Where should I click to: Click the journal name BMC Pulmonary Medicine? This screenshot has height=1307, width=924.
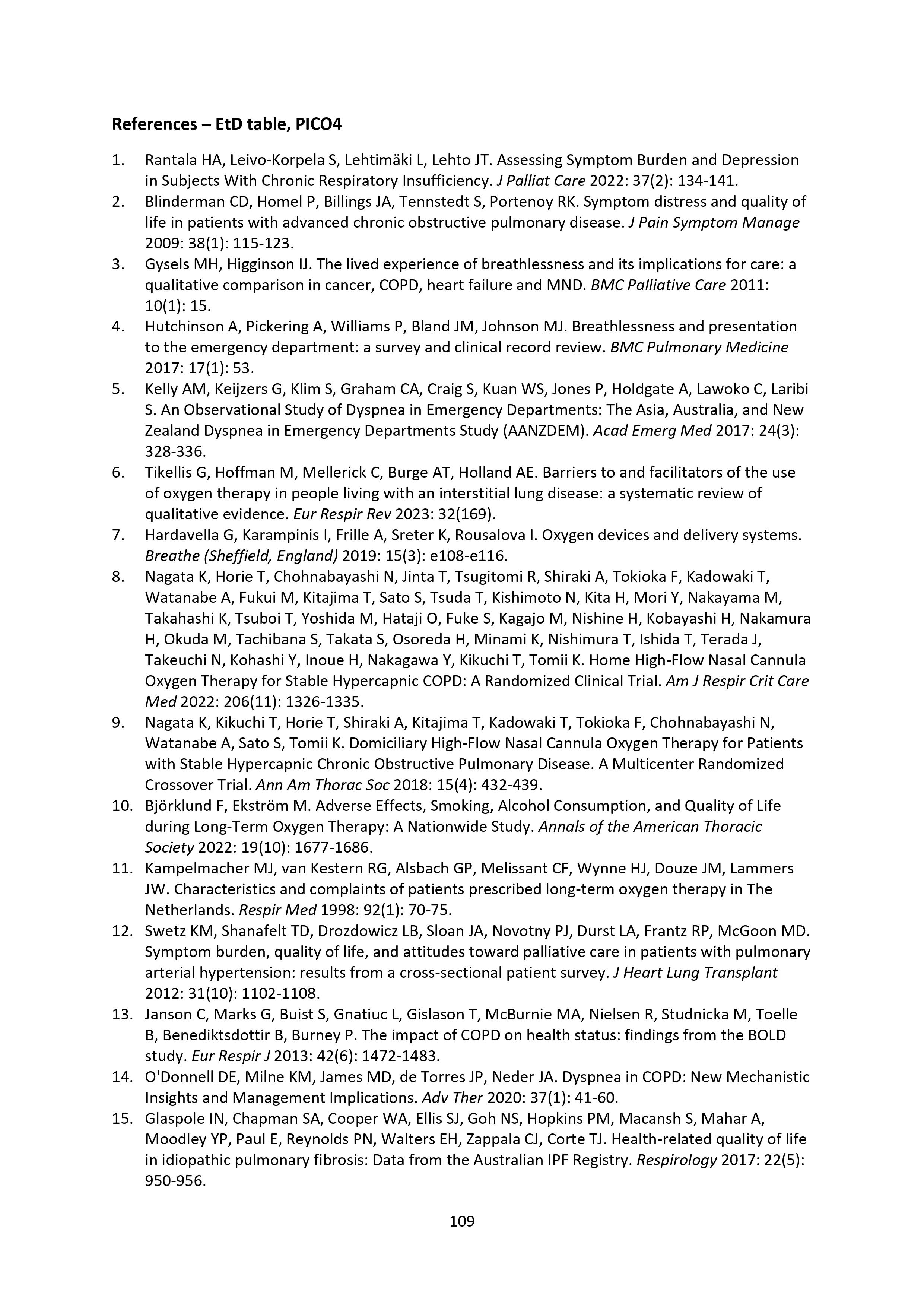point(699,347)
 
